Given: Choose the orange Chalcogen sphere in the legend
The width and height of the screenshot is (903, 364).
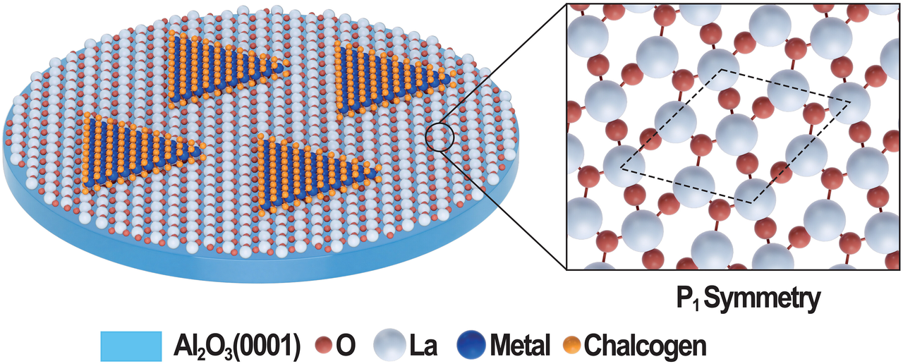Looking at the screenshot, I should tap(572, 345).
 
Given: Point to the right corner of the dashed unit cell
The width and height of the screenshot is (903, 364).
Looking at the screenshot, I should tap(851, 101).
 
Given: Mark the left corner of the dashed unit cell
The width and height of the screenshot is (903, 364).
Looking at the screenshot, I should tap(620, 168).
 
